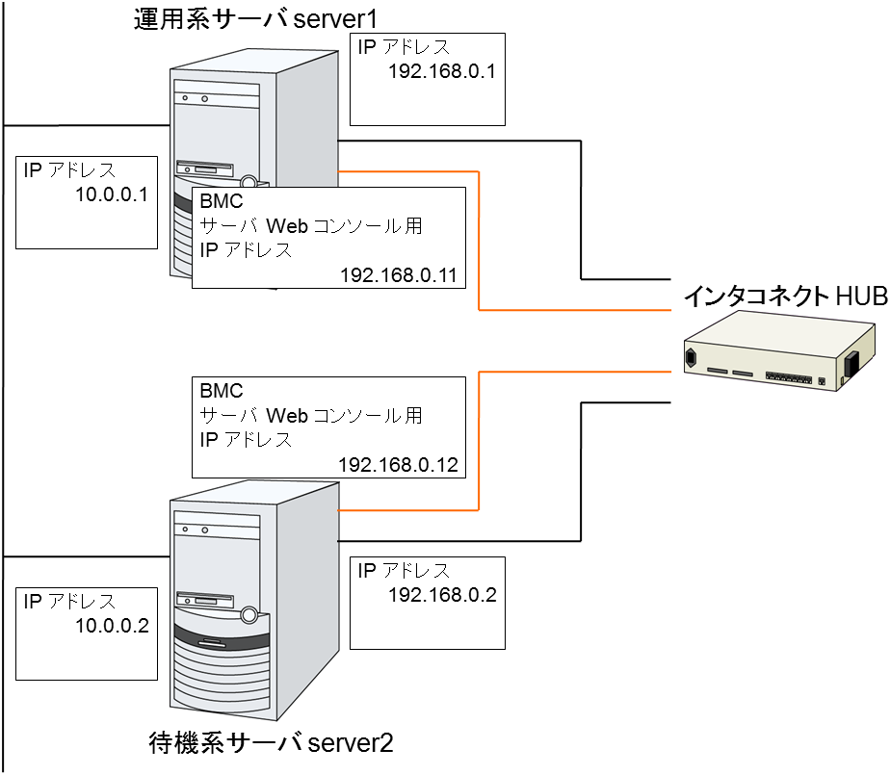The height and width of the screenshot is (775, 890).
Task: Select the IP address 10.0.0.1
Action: tap(111, 195)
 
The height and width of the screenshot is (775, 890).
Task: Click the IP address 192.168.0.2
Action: tap(441, 594)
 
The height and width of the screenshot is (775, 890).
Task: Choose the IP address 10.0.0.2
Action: tap(111, 626)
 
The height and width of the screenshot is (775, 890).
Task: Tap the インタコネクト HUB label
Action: tap(785, 297)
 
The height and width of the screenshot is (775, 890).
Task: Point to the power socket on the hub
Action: tap(690, 361)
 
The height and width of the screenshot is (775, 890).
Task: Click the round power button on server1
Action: tap(249, 181)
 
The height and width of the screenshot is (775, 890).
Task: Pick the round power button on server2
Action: tap(249, 613)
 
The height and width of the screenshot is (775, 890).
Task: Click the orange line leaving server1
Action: tap(479, 241)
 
